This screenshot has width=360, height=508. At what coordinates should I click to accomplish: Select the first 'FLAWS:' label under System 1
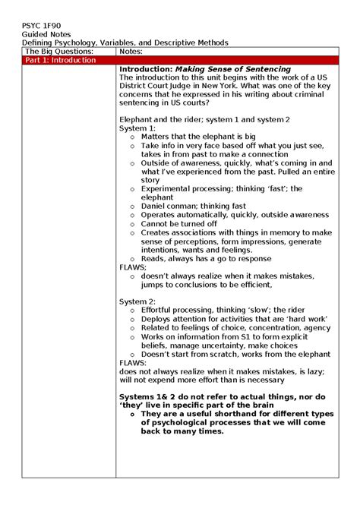click(134, 267)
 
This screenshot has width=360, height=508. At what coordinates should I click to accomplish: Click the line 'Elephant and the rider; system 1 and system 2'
click(204, 120)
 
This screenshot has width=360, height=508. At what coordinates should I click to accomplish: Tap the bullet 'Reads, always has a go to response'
click(206, 259)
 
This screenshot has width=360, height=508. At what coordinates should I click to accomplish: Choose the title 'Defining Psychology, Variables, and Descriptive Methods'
click(125, 43)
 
